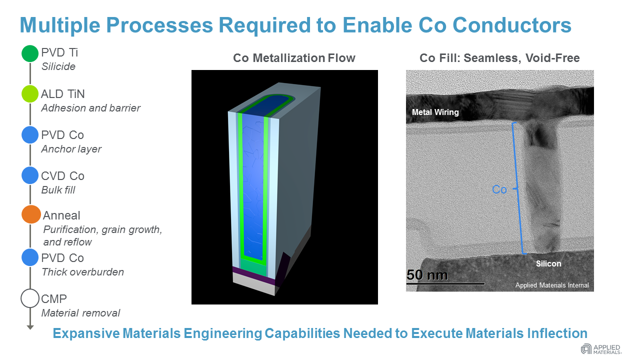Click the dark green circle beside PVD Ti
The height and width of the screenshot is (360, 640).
(x=30, y=53)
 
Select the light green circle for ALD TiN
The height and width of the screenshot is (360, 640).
(x=30, y=94)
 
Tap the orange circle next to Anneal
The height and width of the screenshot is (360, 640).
(x=31, y=214)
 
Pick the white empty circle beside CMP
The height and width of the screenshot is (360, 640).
(x=30, y=298)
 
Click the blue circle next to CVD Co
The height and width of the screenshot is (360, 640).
(x=30, y=175)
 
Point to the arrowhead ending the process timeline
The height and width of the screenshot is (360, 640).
(x=30, y=327)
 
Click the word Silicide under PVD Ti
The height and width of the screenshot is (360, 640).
(x=58, y=66)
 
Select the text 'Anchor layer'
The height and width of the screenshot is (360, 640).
(x=71, y=149)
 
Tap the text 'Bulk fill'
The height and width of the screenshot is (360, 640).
(x=58, y=190)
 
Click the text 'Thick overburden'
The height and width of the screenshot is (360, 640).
(x=83, y=272)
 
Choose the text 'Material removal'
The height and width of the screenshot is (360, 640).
(x=81, y=313)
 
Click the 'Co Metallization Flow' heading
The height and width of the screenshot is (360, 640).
(x=294, y=58)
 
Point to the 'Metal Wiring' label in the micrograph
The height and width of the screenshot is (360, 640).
(x=435, y=112)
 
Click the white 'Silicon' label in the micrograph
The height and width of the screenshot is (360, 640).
(x=548, y=263)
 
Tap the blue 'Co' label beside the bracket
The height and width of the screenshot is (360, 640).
(x=499, y=189)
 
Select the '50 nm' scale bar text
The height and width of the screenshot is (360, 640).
(x=427, y=275)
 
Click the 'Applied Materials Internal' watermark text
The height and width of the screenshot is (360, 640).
(x=552, y=285)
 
